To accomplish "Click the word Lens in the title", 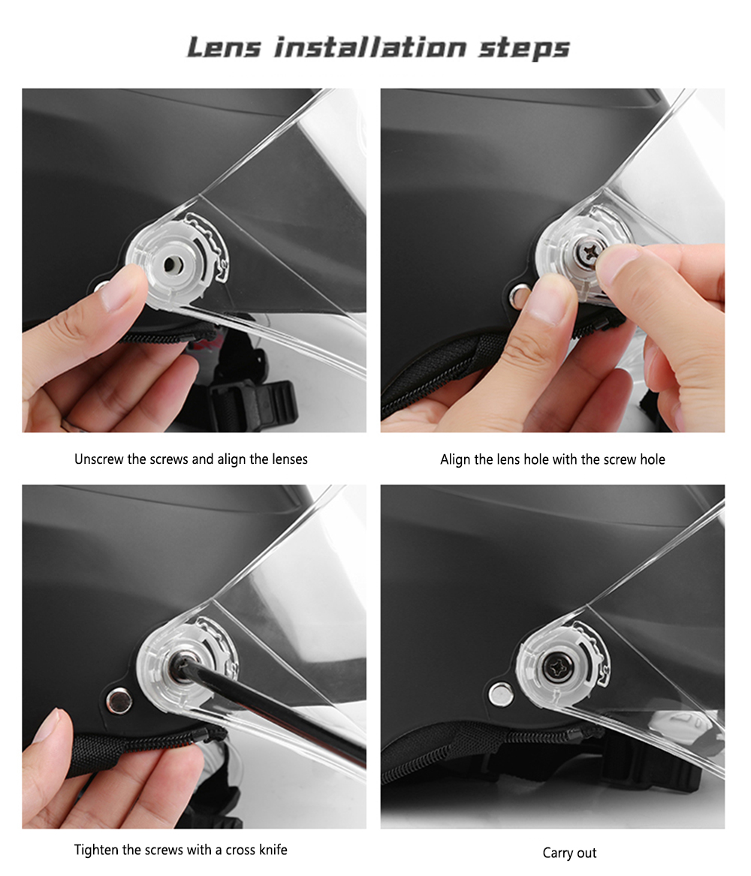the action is pyautogui.click(x=224, y=47).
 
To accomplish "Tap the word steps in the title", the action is pyautogui.click(x=523, y=48).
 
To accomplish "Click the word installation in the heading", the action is pyautogui.click(x=370, y=47).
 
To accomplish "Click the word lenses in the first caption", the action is pyautogui.click(x=289, y=459).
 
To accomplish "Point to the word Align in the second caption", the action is pyautogui.click(x=455, y=460).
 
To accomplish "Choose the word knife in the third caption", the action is pyautogui.click(x=273, y=850).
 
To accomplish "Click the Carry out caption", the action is pyautogui.click(x=569, y=853).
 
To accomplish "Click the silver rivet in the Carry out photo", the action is pyautogui.click(x=501, y=694).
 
